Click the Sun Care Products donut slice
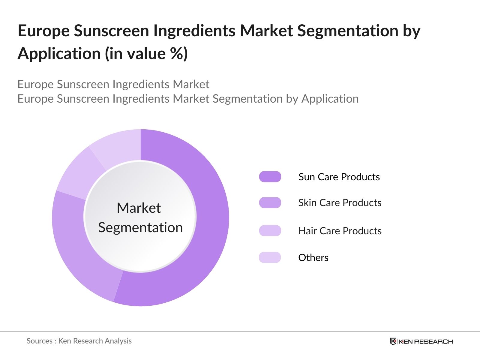[207, 228]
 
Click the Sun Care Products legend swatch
[270, 177]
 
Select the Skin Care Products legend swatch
[270, 203]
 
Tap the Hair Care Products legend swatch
[270, 231]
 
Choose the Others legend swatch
[270, 257]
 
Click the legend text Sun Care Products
[339, 177]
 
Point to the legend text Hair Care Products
[340, 231]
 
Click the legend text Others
[313, 257]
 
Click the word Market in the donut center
[139, 208]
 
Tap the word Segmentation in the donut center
[140, 227]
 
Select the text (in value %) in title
[146, 54]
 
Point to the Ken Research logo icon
[393, 341]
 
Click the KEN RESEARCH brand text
[426, 341]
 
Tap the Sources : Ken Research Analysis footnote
[79, 341]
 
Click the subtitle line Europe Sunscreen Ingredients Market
[113, 84]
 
